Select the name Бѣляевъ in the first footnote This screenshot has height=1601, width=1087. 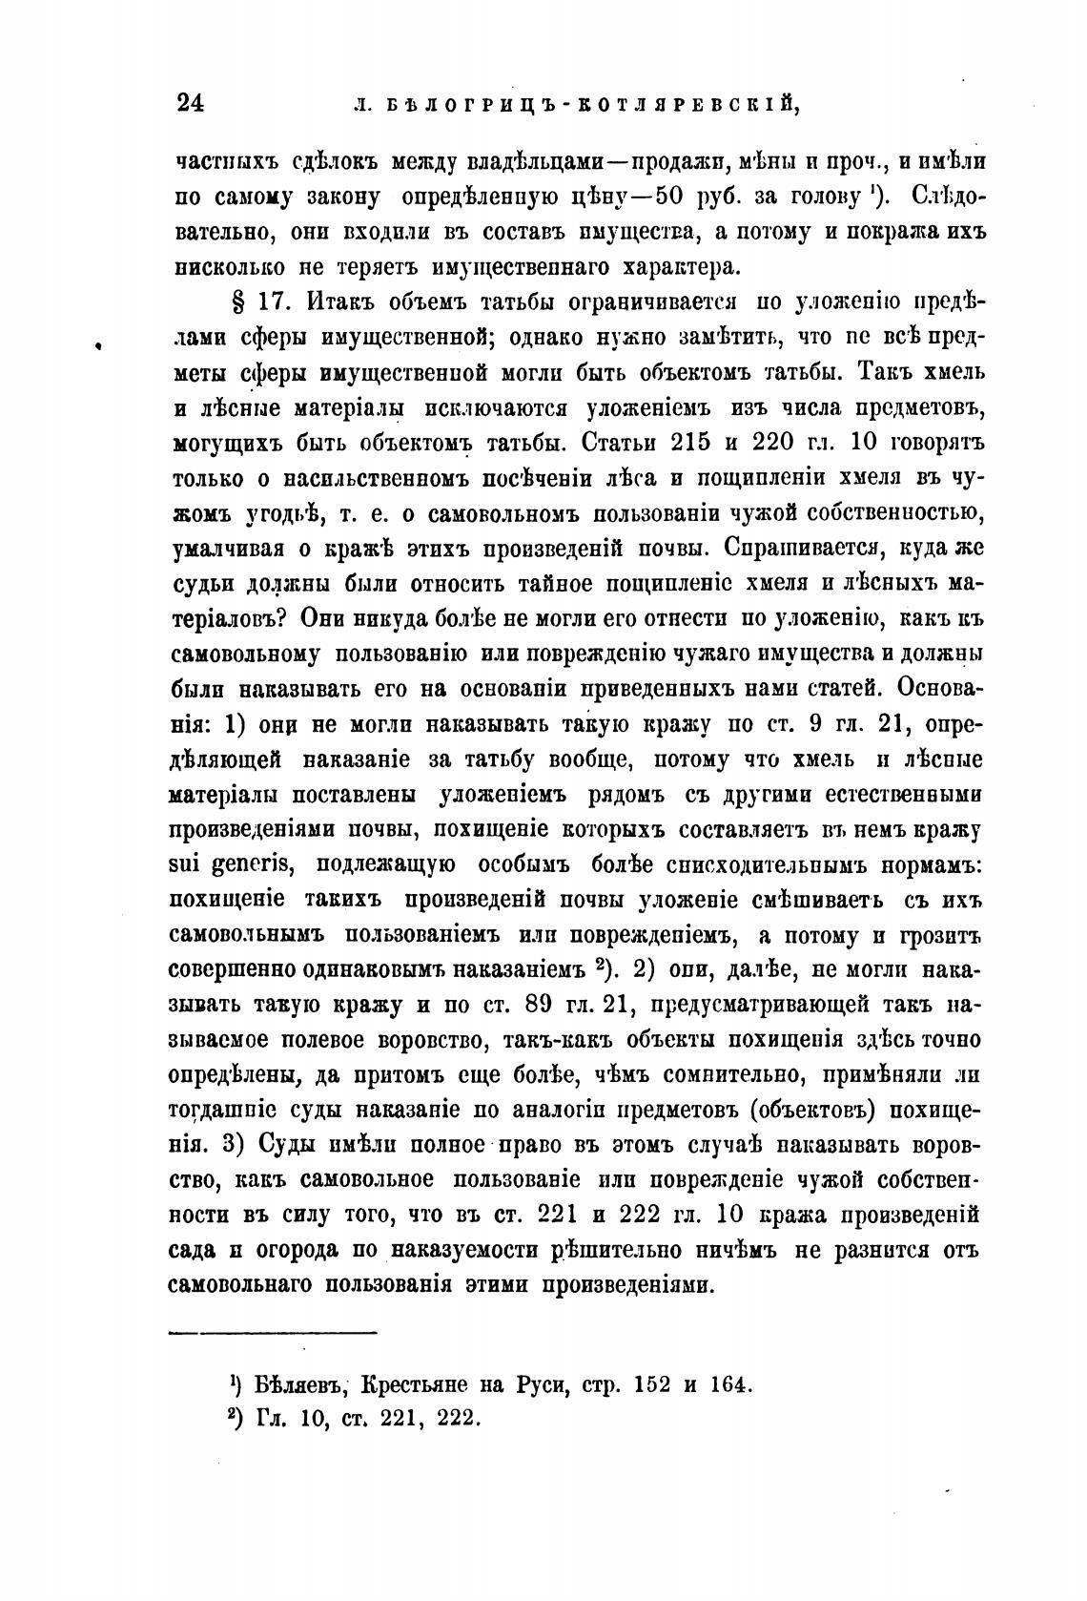293,1383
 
